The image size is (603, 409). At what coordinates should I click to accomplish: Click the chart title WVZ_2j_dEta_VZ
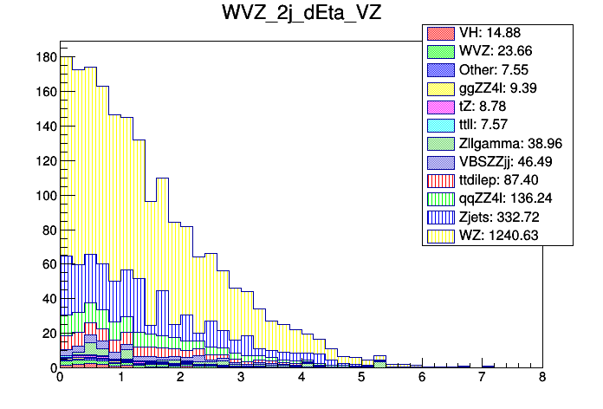coord(301,16)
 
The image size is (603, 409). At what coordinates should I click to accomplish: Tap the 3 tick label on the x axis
coord(241,378)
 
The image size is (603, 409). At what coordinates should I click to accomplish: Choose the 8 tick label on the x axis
coord(542,378)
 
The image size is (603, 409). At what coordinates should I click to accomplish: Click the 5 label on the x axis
coord(361,378)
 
